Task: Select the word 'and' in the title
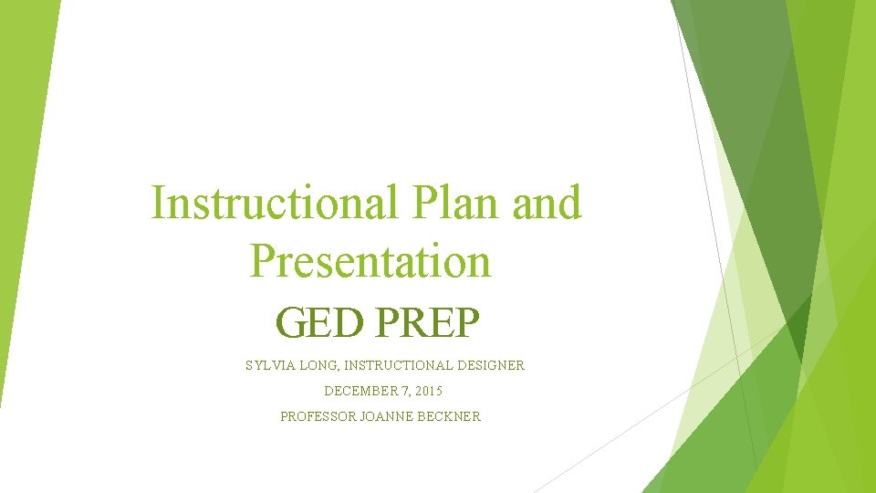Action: point(547,202)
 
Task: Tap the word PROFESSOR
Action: point(318,416)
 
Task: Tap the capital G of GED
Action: point(290,323)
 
